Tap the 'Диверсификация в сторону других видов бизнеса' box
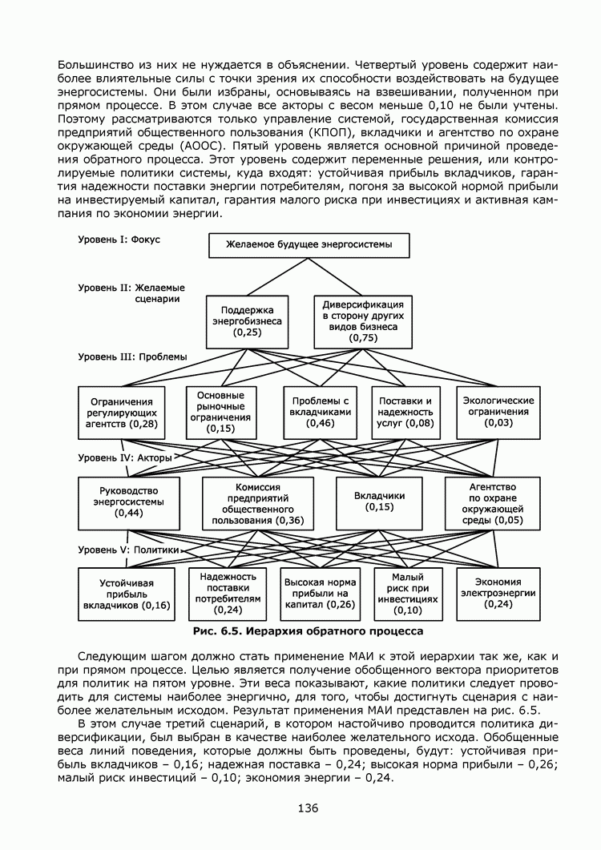click(363, 321)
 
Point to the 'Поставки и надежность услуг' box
click(405, 412)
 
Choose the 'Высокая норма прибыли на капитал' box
click(319, 594)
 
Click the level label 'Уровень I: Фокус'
click(119, 240)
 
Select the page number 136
click(308, 808)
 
